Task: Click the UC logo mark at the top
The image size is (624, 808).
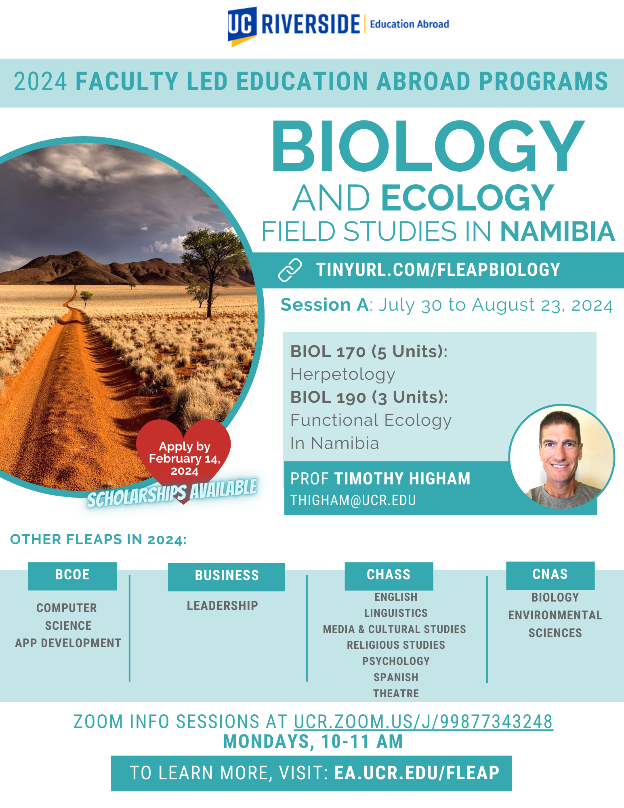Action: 242,26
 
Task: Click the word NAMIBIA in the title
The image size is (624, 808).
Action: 558,231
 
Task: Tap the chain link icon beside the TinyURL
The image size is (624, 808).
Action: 290,270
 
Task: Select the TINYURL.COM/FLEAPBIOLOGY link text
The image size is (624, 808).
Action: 438,270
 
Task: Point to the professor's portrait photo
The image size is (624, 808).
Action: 562,457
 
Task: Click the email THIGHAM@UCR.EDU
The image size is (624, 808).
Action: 353,500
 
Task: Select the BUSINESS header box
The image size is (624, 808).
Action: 226,577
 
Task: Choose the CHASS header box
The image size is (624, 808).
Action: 389,576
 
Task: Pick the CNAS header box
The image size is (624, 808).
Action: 550,575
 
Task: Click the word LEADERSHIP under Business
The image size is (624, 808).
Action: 223,606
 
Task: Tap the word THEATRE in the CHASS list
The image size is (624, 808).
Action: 396,693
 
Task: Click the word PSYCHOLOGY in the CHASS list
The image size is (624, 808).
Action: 396,661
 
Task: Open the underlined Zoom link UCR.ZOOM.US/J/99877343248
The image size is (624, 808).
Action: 423,722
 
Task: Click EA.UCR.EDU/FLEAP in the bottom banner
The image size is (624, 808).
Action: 417,773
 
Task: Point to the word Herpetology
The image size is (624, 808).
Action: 343,375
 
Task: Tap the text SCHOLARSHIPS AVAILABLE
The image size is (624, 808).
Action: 172,493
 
